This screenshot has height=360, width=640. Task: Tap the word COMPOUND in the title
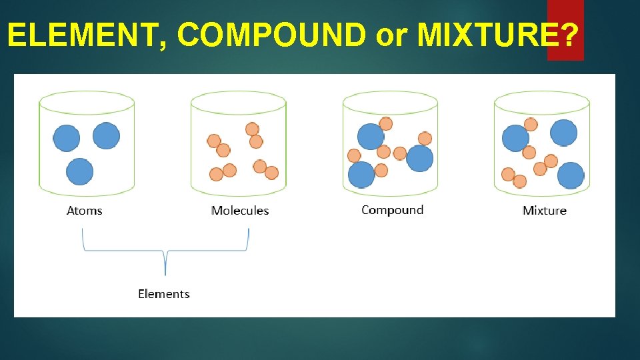point(272,35)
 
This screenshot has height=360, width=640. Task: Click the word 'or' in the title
point(391,37)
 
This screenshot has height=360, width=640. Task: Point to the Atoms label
point(85,211)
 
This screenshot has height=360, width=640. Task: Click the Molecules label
point(240,211)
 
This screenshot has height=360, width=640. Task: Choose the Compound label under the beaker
point(392,210)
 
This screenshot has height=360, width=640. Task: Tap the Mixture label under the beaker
point(545,211)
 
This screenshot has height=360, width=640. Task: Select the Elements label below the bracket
point(164,294)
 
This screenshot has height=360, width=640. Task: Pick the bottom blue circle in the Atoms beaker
point(80,171)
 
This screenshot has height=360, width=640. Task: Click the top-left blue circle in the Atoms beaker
point(67,139)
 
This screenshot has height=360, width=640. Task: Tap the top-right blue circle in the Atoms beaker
point(107,136)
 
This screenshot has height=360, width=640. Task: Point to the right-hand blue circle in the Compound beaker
point(420,159)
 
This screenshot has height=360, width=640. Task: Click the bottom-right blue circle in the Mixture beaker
point(571,176)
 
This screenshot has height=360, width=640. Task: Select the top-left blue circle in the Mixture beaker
point(515,138)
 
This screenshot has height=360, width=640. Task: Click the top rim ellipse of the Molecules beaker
point(238,103)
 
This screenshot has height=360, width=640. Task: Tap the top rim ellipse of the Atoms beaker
point(87,103)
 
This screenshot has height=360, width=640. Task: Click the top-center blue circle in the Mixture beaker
point(563,133)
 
